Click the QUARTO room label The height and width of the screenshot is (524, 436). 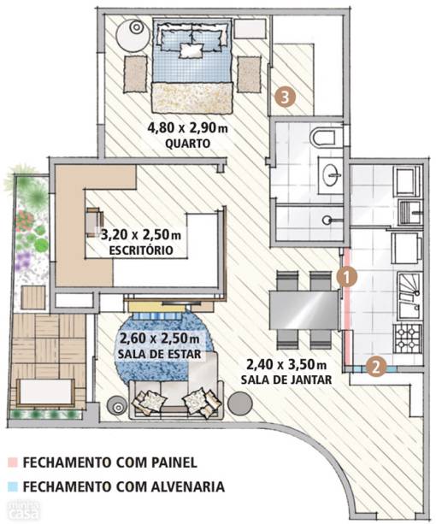tap(188, 144)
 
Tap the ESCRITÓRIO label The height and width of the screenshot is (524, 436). tap(141, 250)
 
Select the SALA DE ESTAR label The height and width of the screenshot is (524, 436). tap(159, 354)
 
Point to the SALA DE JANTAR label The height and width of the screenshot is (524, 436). tap(286, 380)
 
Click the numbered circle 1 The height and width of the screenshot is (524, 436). tap(346, 277)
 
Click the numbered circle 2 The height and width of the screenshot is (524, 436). tap(376, 368)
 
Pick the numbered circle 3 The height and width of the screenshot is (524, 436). tap(285, 97)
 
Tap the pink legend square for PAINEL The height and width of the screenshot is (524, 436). tap(12, 462)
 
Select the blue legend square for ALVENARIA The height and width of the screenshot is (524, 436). tap(12, 486)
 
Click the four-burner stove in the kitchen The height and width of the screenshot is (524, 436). tap(407, 339)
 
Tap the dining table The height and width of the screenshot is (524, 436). tap(303, 309)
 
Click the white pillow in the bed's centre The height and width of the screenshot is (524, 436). tap(191, 50)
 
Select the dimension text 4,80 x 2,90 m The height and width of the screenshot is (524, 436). tap(187, 128)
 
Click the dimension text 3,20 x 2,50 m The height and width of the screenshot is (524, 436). tap(141, 234)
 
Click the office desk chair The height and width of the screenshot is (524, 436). tap(95, 221)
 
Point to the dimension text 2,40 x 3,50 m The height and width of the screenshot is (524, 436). tap(286, 364)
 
